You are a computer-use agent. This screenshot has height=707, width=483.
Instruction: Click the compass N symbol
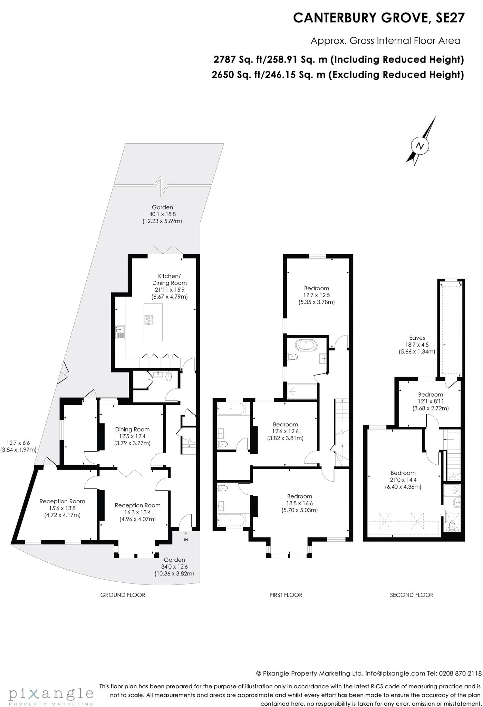[420, 145]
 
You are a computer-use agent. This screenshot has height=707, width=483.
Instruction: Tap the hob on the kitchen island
[149, 320]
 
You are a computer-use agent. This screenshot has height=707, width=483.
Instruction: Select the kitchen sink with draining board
[120, 332]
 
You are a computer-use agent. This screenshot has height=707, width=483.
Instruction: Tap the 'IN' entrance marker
[186, 540]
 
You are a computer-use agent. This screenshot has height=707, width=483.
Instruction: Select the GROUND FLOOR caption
[123, 595]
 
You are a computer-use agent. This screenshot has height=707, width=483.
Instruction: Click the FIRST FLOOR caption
[286, 595]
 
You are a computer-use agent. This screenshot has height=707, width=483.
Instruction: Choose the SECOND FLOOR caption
[412, 595]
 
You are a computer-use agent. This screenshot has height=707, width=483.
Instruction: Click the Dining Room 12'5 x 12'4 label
[132, 436]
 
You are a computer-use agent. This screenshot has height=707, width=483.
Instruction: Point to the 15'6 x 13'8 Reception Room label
[62, 508]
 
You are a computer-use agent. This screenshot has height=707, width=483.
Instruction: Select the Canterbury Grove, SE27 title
[379, 18]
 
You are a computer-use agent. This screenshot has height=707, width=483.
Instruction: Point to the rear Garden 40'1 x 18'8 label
[162, 214]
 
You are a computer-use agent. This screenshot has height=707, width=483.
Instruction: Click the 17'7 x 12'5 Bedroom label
[316, 295]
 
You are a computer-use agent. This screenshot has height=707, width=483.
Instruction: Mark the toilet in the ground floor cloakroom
[168, 377]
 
